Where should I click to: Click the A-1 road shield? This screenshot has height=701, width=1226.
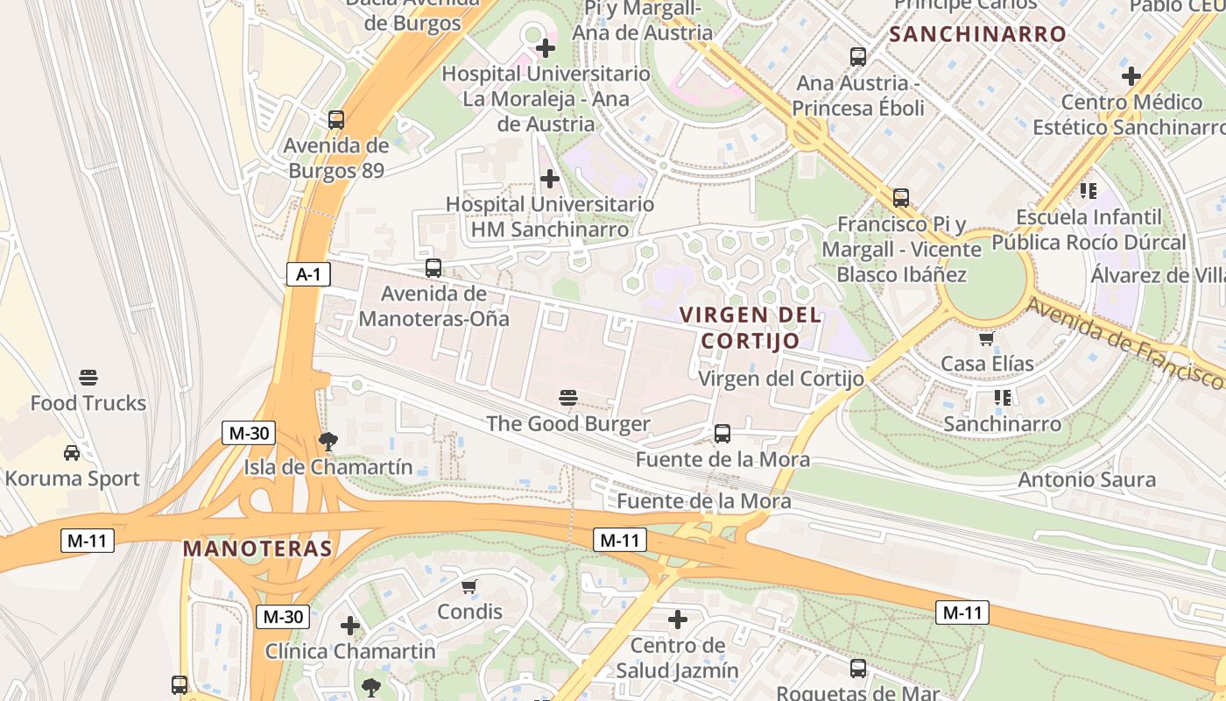(x=308, y=274)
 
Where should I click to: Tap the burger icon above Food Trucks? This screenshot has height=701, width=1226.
(x=88, y=378)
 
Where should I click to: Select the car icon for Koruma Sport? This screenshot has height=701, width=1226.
(x=72, y=453)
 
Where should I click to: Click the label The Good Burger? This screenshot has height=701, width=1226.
(x=567, y=424)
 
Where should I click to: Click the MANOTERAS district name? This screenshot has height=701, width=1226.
(x=257, y=549)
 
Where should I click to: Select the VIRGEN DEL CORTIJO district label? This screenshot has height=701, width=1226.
(x=751, y=328)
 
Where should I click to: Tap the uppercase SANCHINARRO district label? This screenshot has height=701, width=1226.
(x=978, y=35)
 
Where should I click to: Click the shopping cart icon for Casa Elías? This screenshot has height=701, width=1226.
(x=987, y=338)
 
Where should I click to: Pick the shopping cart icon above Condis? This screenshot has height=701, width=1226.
(x=469, y=586)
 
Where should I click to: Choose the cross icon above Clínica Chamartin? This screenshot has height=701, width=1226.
(x=350, y=626)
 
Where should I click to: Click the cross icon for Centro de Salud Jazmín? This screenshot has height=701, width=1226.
(x=678, y=620)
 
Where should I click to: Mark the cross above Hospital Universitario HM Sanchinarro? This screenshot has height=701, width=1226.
(x=550, y=180)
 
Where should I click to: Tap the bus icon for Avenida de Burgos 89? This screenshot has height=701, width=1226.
(x=336, y=120)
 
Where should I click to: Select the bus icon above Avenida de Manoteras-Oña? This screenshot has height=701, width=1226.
(x=433, y=268)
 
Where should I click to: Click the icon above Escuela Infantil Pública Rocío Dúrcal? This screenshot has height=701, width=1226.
(x=1089, y=191)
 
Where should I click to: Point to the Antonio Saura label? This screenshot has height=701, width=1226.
(x=1087, y=480)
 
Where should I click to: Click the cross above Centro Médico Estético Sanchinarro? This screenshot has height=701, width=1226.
(x=1131, y=76)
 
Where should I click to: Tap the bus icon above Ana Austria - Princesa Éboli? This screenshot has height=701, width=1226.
(x=858, y=57)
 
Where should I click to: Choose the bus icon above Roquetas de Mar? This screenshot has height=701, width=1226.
(x=858, y=669)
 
